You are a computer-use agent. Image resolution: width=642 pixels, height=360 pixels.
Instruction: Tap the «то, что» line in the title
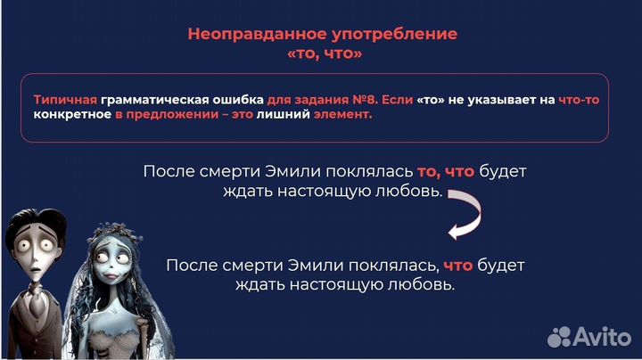point(322,53)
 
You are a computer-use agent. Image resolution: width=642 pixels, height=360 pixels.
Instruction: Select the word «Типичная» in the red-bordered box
point(65,100)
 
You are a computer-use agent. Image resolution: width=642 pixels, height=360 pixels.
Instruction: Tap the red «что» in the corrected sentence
point(457,266)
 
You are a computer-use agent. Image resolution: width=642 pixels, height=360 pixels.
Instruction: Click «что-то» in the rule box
point(578,100)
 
